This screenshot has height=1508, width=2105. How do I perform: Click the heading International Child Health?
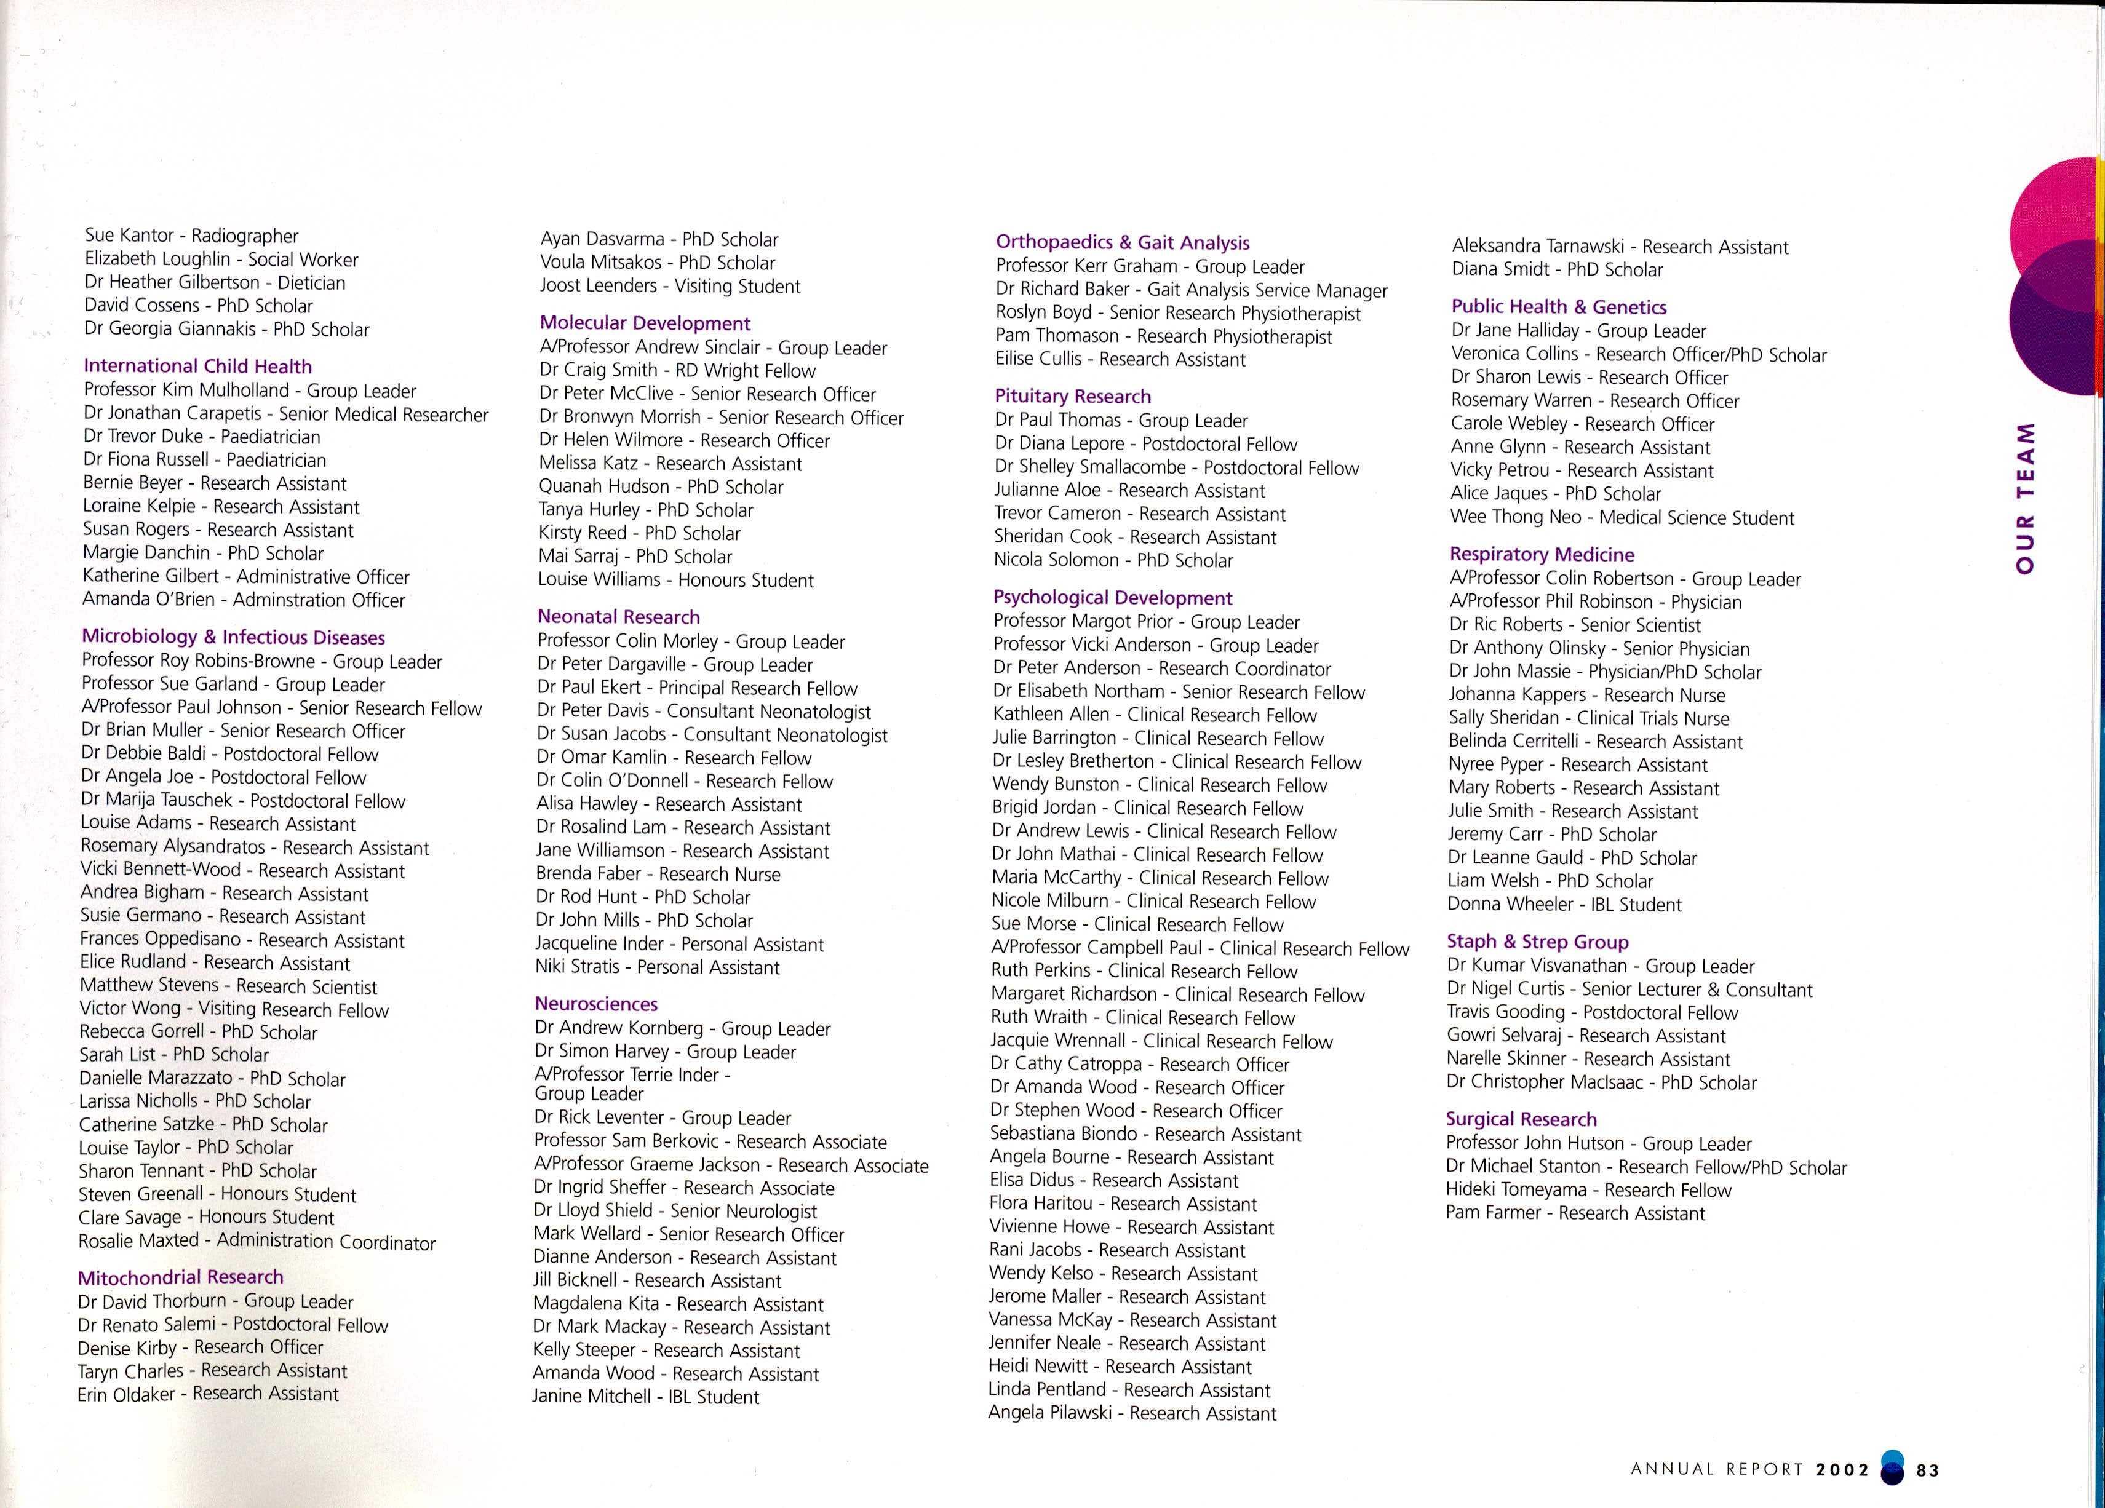pos(197,367)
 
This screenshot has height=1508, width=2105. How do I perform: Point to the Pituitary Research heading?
pos(1072,396)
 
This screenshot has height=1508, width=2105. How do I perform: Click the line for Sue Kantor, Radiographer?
pos(191,236)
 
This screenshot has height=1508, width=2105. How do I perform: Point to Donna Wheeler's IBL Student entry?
pos(1564,904)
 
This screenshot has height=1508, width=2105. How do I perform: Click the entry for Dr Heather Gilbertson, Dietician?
pos(215,282)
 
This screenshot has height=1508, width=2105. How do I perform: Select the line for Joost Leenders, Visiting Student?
pos(669,286)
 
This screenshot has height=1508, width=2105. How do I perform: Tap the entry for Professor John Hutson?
pos(1598,1143)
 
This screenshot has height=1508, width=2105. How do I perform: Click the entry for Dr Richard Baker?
pos(1191,290)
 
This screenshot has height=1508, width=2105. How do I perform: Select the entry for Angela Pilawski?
pos(1131,1413)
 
